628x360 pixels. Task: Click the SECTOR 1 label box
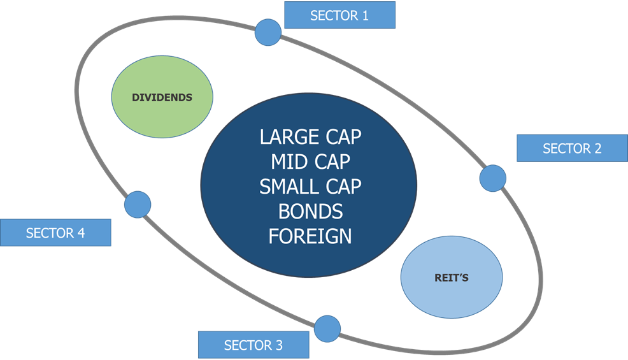(339, 15)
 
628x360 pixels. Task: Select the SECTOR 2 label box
(572, 148)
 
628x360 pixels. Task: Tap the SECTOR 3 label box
(253, 345)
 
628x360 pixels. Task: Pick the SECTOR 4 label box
(55, 233)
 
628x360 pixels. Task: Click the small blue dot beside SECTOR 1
(268, 32)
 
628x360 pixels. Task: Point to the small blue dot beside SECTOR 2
(492, 178)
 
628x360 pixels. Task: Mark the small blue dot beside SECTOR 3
(327, 329)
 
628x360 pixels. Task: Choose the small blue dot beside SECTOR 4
(138, 205)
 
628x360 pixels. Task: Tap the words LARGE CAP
(310, 137)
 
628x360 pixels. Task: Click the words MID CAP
(310, 162)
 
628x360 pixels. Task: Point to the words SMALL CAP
(310, 187)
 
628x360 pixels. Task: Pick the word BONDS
(310, 211)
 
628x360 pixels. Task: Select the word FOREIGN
(310, 236)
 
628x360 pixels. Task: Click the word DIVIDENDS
(162, 97)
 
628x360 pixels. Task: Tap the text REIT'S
(452, 278)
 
